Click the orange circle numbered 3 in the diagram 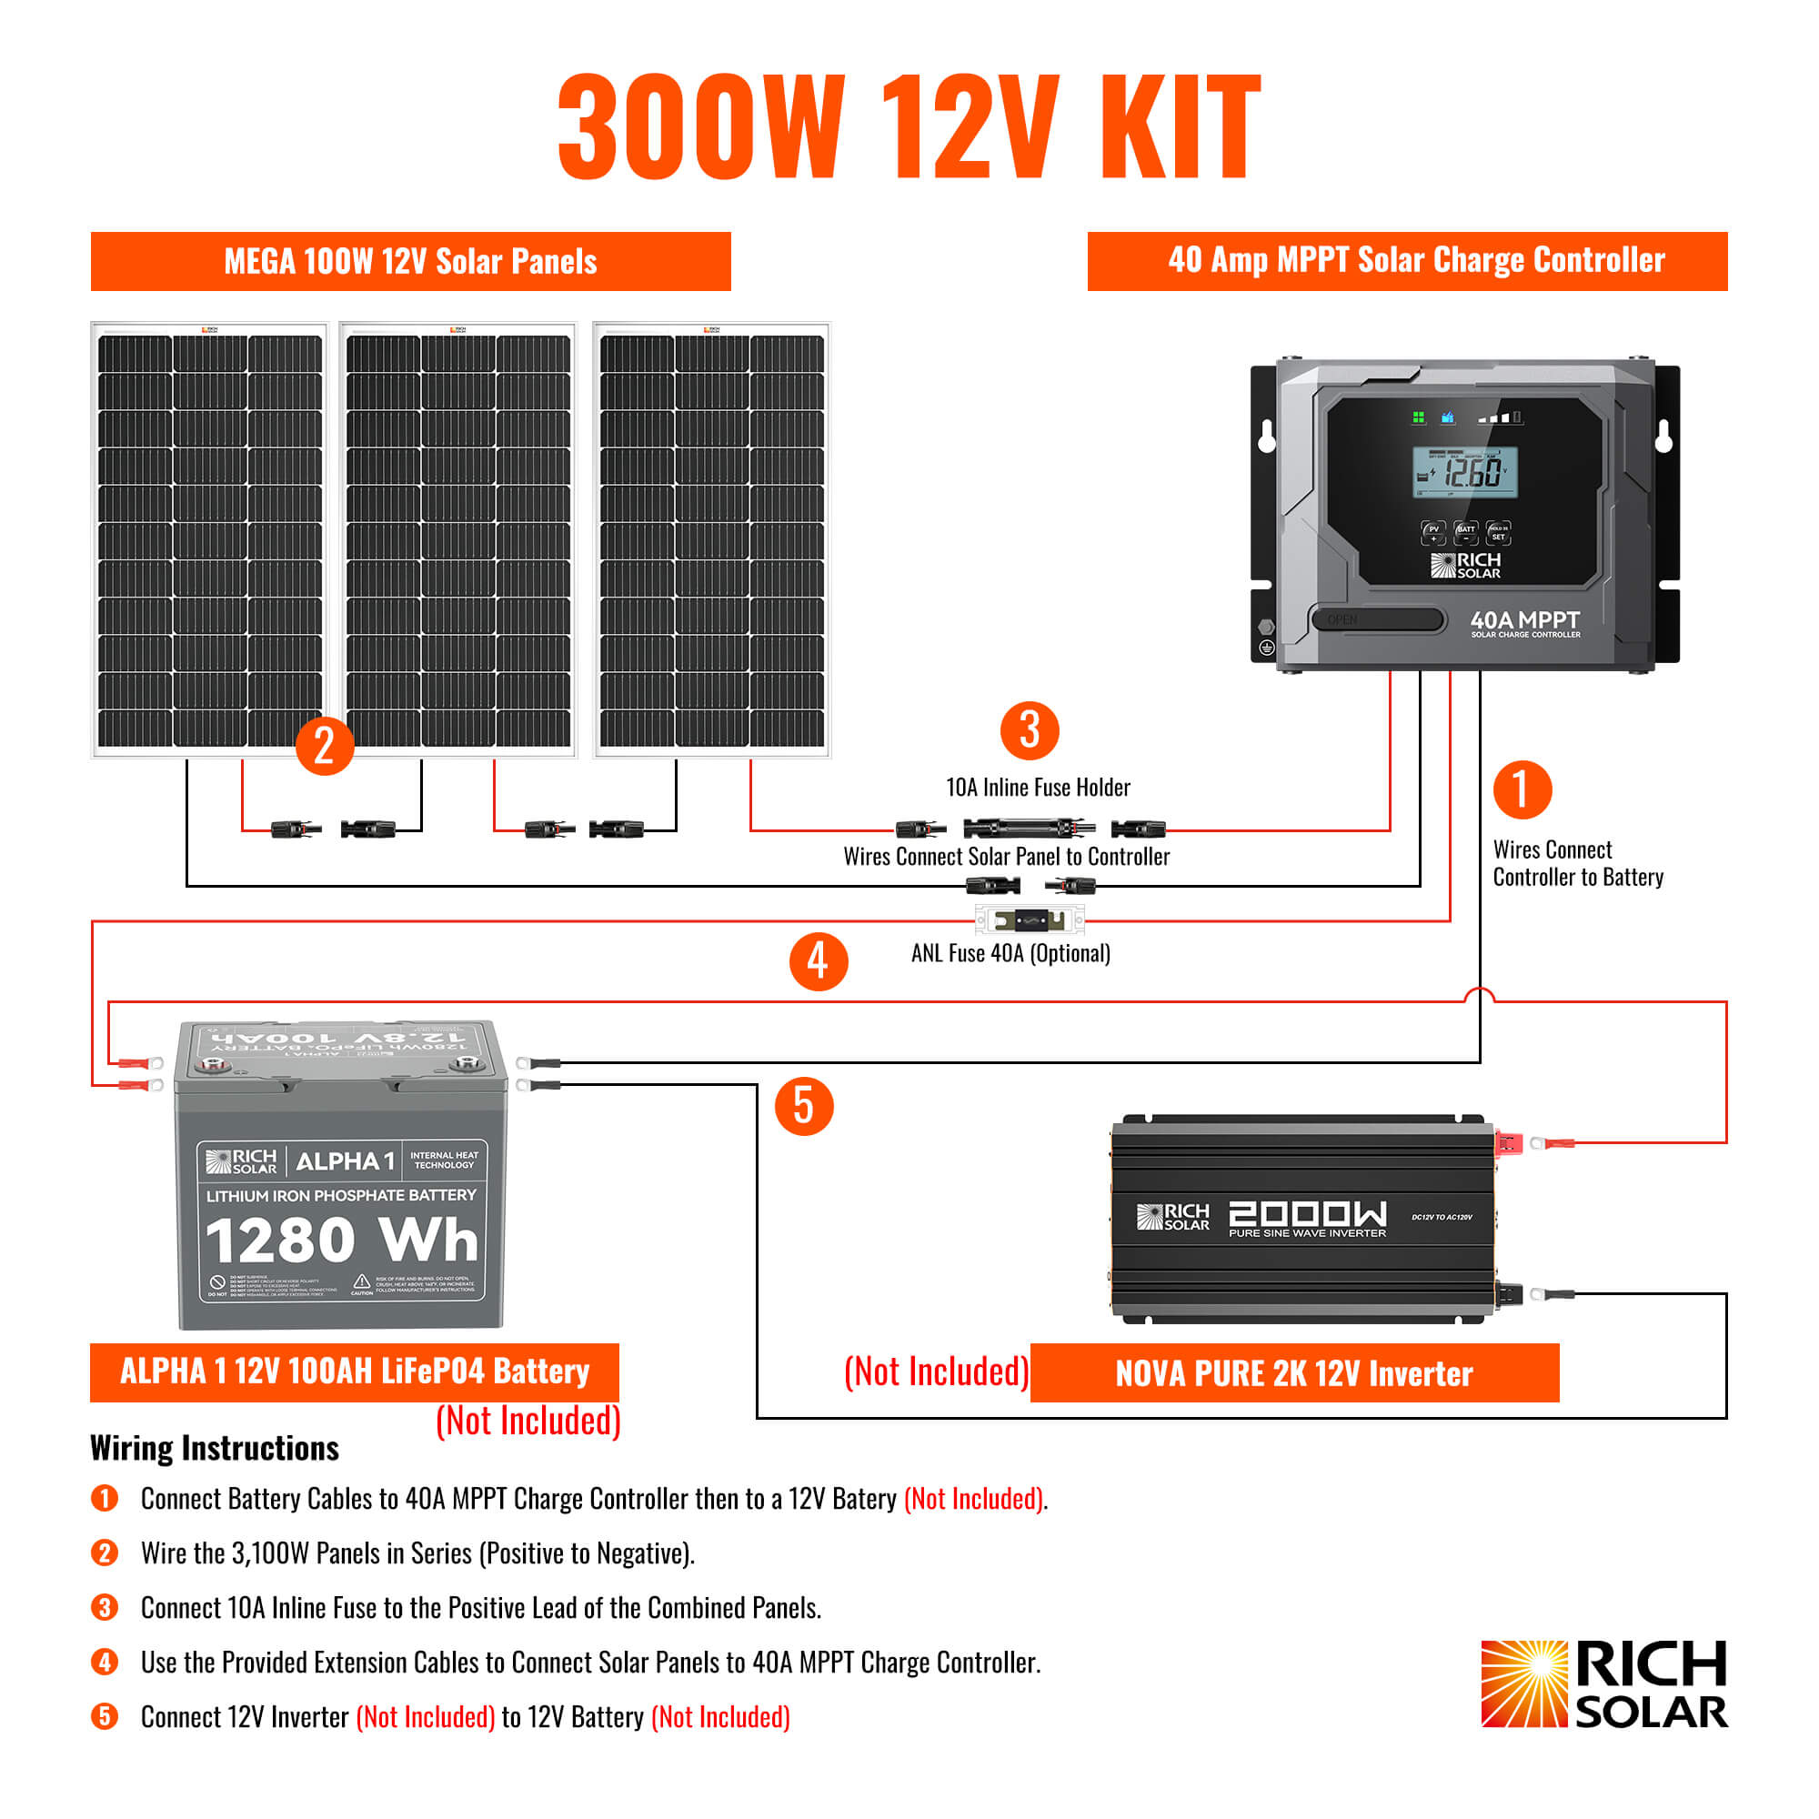coord(1029,730)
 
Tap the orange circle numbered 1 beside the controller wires coord(1522,790)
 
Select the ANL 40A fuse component coord(1029,919)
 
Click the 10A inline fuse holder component coord(1029,829)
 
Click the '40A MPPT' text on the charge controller coord(1525,620)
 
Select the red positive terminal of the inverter coord(1508,1144)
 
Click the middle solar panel coord(458,540)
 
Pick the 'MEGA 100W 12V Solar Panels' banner coord(410,262)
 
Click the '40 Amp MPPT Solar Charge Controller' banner coord(1407,261)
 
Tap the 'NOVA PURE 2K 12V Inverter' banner coord(1293,1373)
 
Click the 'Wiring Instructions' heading coord(215,1448)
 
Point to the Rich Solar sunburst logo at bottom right coord(1524,1684)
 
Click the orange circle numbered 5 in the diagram coord(803,1105)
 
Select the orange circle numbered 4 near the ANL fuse coord(819,961)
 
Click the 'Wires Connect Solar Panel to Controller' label coord(1007,857)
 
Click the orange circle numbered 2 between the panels coord(324,746)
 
